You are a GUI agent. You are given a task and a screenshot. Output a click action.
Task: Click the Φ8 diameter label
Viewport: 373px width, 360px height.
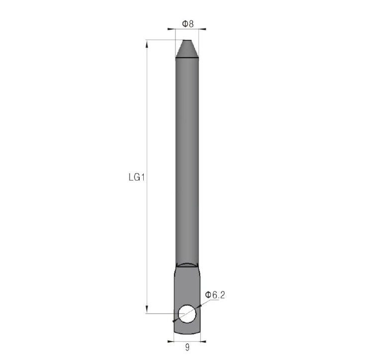coord(187,24)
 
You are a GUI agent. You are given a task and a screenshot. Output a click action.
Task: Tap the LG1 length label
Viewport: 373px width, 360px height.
coord(137,177)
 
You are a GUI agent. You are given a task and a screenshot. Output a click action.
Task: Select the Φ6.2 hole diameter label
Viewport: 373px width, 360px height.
coord(215,295)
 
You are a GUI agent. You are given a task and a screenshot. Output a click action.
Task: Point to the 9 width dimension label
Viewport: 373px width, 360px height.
coord(187,348)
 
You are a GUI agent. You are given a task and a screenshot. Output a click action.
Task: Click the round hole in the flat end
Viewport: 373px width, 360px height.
coord(187,314)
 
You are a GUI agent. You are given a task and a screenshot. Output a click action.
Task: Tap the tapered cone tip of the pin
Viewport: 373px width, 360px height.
coord(187,49)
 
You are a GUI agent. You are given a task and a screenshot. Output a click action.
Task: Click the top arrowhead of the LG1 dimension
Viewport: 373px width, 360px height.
coord(147,43)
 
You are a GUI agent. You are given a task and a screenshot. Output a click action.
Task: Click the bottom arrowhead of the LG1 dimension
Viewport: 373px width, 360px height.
coord(147,310)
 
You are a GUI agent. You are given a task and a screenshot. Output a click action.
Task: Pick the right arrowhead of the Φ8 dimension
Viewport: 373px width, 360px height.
coord(202,29)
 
